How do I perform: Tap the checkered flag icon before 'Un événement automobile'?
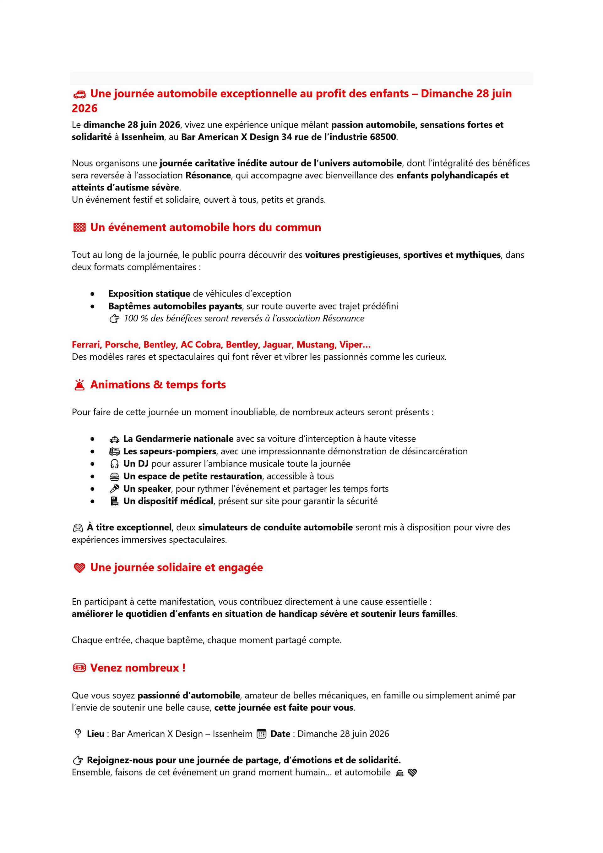[79, 227]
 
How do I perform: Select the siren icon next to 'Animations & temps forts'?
[79, 385]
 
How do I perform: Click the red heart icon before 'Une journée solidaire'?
[79, 568]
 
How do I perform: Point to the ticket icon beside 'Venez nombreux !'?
[79, 668]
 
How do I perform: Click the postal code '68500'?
[383, 137]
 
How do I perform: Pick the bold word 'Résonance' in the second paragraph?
[208, 175]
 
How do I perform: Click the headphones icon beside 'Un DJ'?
[114, 464]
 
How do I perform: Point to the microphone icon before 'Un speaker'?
[114, 489]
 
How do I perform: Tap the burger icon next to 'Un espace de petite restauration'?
[114, 477]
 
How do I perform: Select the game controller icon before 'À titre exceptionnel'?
[78, 528]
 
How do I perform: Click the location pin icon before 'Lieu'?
[78, 733]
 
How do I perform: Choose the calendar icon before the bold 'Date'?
[261, 734]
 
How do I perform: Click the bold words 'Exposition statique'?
[149, 294]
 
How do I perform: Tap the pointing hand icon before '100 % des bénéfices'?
[114, 319]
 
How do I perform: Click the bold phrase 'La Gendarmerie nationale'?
[178, 439]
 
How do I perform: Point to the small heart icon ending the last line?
[412, 773]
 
